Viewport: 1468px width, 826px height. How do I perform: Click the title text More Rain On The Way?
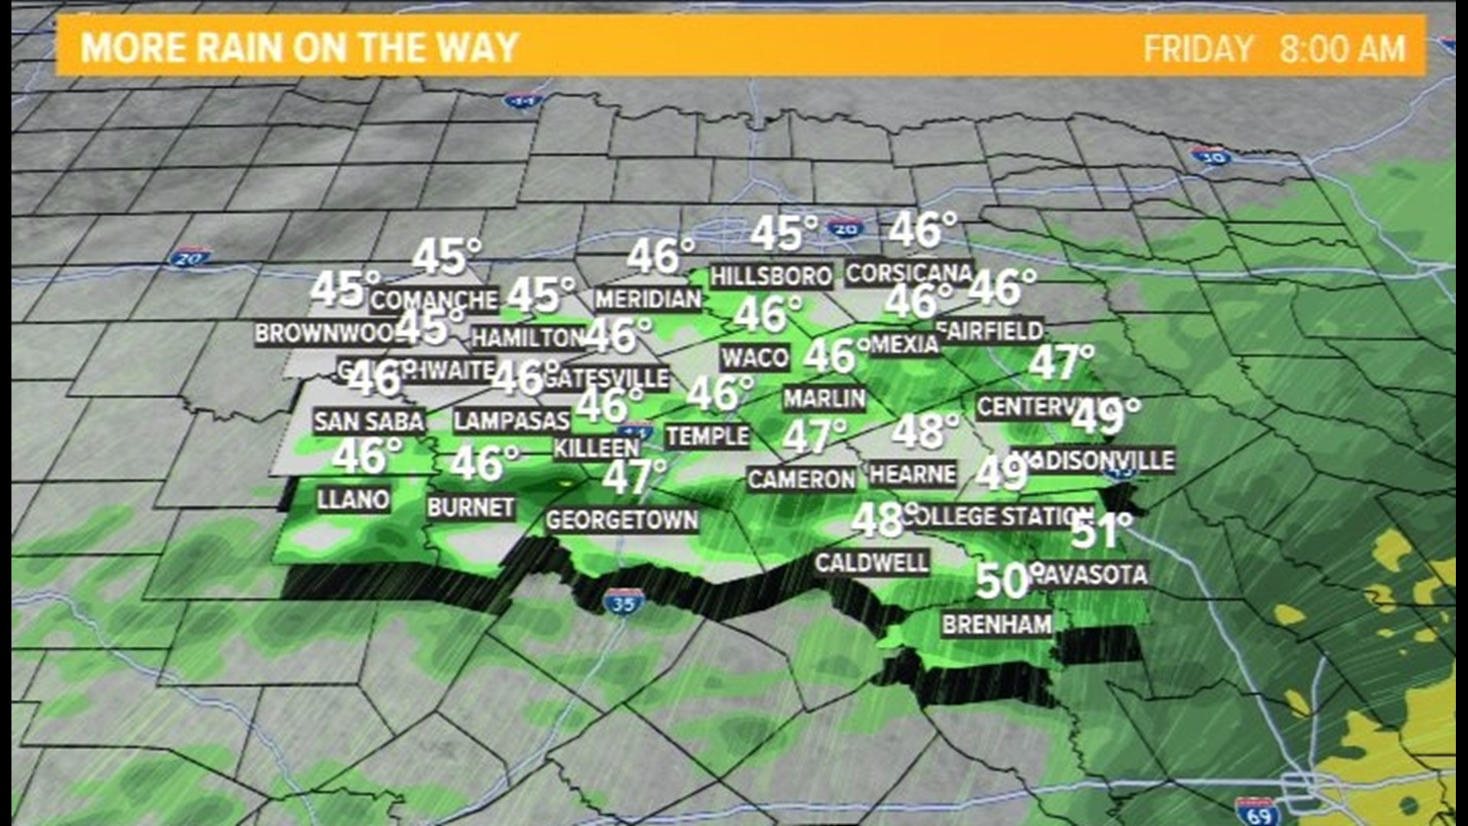[x=300, y=47]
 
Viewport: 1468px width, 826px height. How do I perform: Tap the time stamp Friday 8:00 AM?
[x=1274, y=49]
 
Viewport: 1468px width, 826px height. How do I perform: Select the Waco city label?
[x=755, y=358]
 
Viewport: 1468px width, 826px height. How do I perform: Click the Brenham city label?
[x=996, y=624]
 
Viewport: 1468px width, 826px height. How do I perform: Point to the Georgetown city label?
[x=622, y=521]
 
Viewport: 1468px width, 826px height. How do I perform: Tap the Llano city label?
[x=353, y=499]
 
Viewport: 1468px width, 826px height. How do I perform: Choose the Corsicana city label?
[x=908, y=273]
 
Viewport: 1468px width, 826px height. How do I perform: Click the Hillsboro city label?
[x=771, y=275]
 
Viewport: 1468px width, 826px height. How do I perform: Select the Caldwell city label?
[x=871, y=563]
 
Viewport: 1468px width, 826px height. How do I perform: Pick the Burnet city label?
[x=470, y=507]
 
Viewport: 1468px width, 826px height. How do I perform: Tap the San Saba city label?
[x=369, y=421]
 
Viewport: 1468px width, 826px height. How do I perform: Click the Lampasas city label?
[x=511, y=421]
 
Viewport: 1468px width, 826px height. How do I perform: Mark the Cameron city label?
[x=801, y=480]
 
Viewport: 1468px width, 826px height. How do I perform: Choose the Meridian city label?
[x=648, y=299]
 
